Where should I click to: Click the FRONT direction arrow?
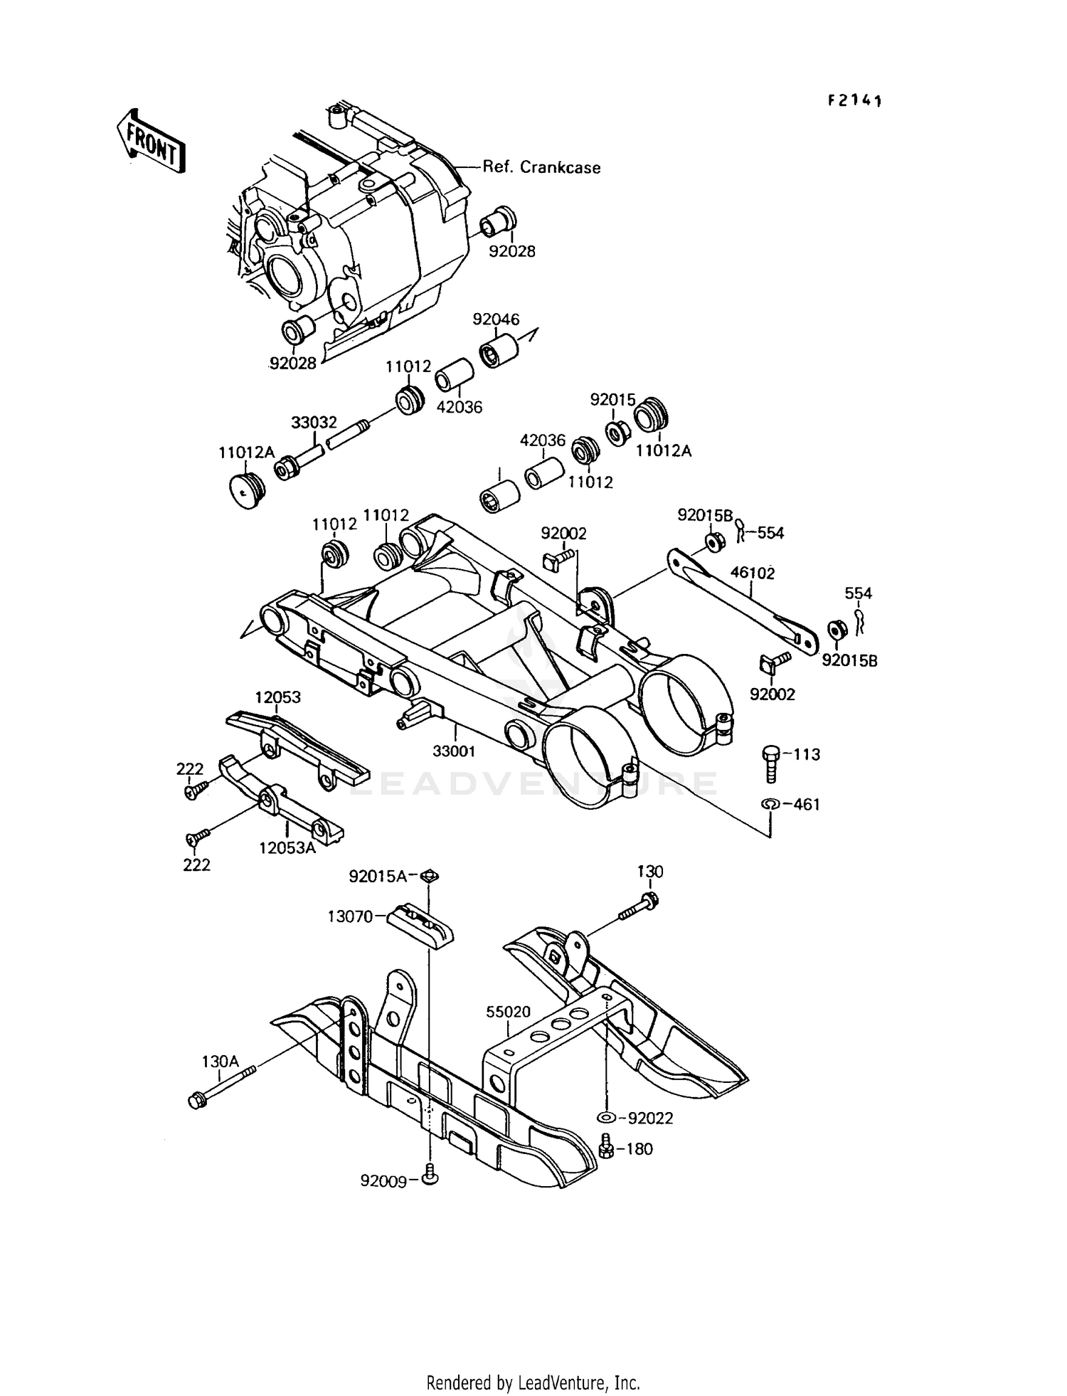151,141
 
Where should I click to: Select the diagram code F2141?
854,101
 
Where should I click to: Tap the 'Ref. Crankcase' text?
541,168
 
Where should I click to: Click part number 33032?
314,423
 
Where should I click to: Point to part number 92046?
496,319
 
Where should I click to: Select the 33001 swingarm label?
454,751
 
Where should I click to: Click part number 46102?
752,573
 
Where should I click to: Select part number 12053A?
287,848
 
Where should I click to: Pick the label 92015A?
378,877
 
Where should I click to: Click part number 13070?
350,916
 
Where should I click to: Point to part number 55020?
509,1012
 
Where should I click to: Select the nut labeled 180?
607,1147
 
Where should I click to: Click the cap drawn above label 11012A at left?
248,490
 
